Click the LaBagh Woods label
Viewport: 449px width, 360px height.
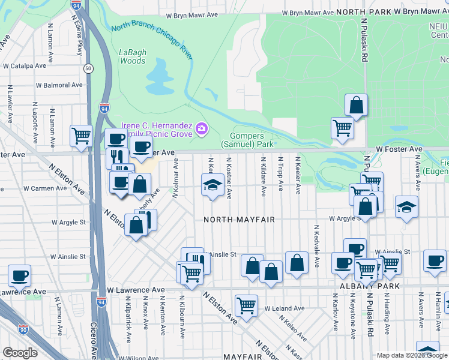coord(132,56)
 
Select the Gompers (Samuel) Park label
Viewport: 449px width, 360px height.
coord(247,140)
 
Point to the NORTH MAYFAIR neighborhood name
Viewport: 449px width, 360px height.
coord(239,220)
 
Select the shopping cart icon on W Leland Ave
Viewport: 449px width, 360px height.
coord(246,305)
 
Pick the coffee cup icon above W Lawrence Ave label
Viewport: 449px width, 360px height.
coord(19,275)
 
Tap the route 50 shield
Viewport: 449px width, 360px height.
coord(88,69)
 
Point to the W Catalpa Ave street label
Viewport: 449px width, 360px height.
coord(26,66)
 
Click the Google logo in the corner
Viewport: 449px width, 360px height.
coord(20,353)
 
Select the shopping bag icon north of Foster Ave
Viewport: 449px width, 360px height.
coord(356,105)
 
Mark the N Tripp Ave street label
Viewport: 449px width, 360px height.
coord(280,175)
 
